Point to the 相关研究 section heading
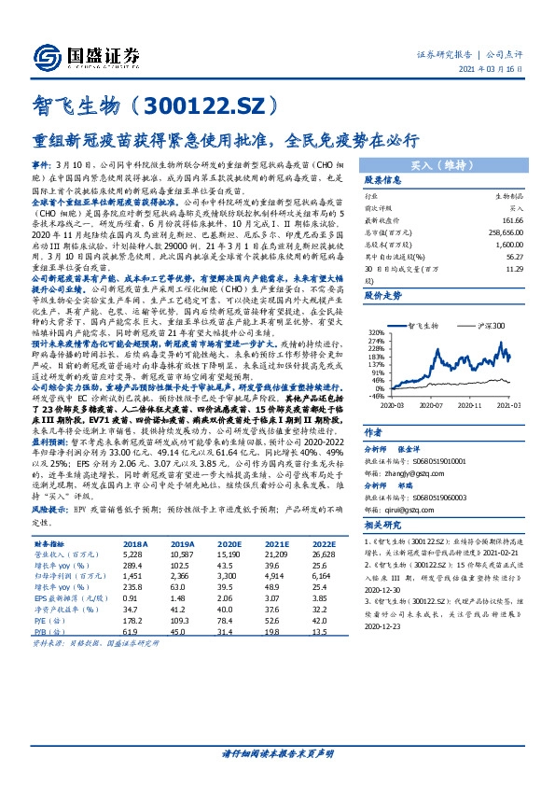click(383, 526)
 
